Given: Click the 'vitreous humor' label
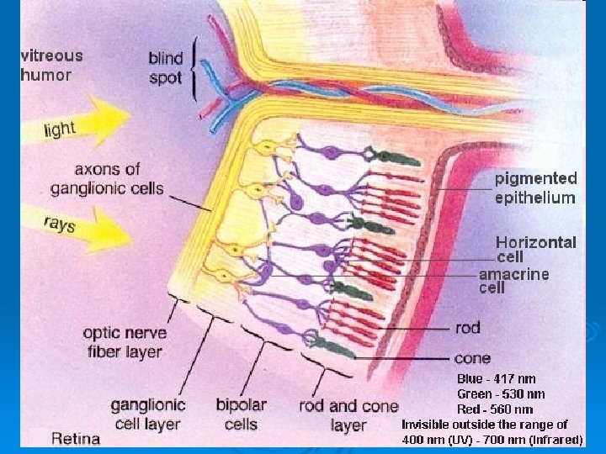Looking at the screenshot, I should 51,65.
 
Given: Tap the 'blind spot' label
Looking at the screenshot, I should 165,68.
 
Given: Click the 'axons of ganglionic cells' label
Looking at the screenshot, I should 107,177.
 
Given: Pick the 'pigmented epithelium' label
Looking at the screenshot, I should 535,188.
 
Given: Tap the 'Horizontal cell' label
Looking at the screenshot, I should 536,250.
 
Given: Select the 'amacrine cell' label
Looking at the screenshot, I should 513,281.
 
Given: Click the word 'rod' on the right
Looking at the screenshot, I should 467,328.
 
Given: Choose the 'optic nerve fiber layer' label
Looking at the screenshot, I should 123,341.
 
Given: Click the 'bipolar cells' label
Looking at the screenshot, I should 241,414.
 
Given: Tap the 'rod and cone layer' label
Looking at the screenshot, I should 348,415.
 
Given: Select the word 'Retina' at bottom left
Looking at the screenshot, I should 76,438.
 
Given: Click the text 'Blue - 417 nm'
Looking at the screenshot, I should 497,379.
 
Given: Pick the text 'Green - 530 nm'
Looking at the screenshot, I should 501,394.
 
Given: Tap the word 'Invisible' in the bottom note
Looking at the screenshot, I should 426,425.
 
